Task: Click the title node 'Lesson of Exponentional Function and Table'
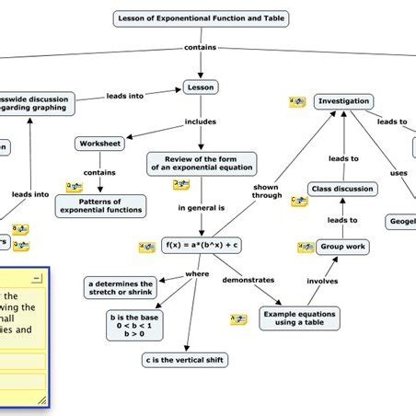tap(202, 17)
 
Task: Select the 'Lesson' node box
tap(201, 87)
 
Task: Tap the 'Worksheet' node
tap(98, 144)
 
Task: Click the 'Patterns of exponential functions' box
tap(100, 205)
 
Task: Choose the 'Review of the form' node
tap(202, 163)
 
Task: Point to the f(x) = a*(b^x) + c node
tap(202, 245)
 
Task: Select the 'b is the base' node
tap(136, 324)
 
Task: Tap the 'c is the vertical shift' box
tap(184, 360)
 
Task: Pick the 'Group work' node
tap(342, 247)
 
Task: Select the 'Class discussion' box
tap(342, 189)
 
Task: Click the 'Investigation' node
tap(343, 101)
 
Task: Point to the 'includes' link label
tap(201, 121)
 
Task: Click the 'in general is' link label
tap(201, 208)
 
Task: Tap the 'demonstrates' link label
tap(248, 279)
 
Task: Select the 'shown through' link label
tap(266, 191)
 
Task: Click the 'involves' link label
tap(322, 281)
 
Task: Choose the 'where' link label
tap(197, 273)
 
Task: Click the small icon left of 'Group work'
tap(306, 248)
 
